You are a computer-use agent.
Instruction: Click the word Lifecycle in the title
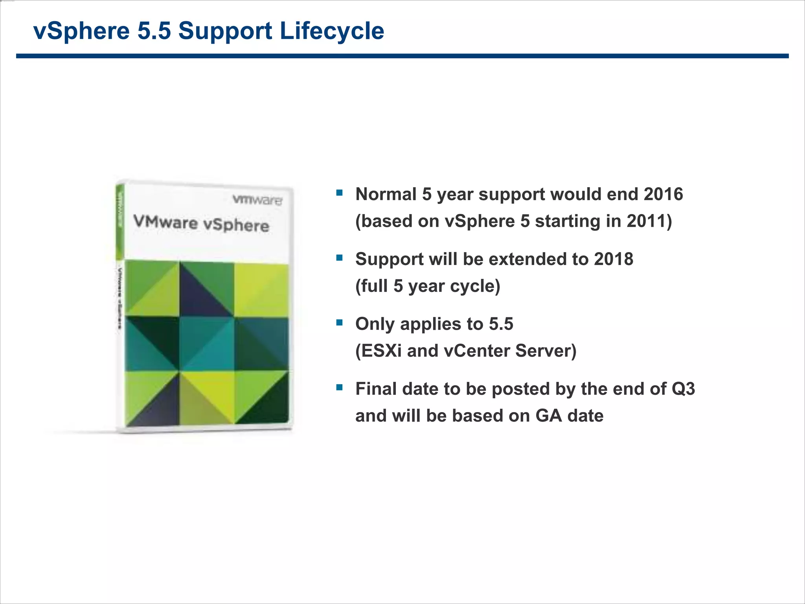pyautogui.click(x=332, y=31)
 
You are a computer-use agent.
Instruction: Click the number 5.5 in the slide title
pyautogui.click(x=154, y=31)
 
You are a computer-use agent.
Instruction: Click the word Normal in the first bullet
pyautogui.click(x=386, y=194)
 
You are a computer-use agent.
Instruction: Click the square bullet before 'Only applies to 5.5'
pyautogui.click(x=340, y=323)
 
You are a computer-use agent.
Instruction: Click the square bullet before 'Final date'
pyautogui.click(x=340, y=388)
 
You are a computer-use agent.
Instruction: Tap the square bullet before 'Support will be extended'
pyautogui.click(x=340, y=258)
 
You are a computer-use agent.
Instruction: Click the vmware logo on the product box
pyautogui.click(x=257, y=200)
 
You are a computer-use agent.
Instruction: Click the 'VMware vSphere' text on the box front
pyautogui.click(x=201, y=223)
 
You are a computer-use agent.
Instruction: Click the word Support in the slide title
pyautogui.click(x=225, y=31)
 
